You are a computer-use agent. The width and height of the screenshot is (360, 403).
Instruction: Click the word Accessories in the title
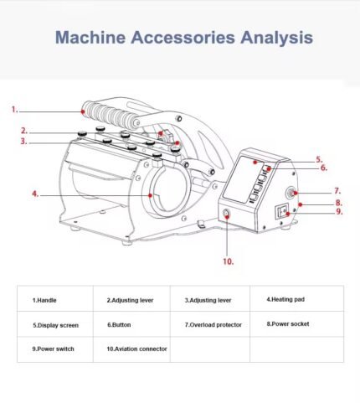click(183, 38)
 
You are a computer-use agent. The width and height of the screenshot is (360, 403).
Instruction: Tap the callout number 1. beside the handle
click(15, 110)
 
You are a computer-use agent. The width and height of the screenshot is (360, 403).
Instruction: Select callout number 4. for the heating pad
click(35, 194)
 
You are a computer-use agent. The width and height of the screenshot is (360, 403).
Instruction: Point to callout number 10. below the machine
click(229, 261)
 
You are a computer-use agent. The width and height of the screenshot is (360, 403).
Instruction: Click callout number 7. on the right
click(337, 191)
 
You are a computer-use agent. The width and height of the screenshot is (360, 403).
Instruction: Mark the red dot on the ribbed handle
click(83, 111)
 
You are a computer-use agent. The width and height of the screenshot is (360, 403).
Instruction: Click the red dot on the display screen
click(255, 162)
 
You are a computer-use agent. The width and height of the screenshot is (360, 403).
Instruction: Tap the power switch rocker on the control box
click(282, 212)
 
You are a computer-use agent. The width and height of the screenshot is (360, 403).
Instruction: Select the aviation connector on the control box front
click(227, 214)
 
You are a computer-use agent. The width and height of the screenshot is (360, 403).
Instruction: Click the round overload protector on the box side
click(291, 193)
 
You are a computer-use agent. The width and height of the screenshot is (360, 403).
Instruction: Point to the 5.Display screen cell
click(55, 325)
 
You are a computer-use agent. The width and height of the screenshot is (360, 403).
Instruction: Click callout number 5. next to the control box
click(319, 160)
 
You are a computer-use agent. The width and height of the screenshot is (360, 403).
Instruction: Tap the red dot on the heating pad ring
click(151, 195)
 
